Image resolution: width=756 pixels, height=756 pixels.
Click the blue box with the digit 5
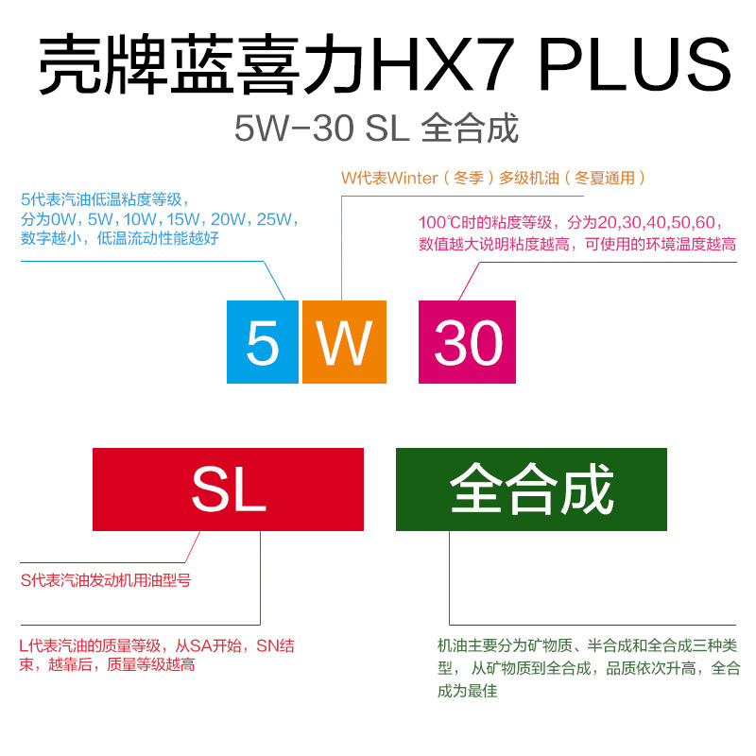pos(263,341)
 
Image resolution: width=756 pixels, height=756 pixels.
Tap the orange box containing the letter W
pos(344,341)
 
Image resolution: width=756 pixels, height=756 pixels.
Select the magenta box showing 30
pos(467,341)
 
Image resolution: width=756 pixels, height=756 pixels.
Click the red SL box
pos(228,490)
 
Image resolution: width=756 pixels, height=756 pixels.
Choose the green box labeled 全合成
pos(531,490)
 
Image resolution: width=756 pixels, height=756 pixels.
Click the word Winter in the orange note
pos(413,178)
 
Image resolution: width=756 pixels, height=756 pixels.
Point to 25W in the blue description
pos(277,219)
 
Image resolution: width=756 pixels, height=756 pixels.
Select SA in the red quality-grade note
pos(206,646)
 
